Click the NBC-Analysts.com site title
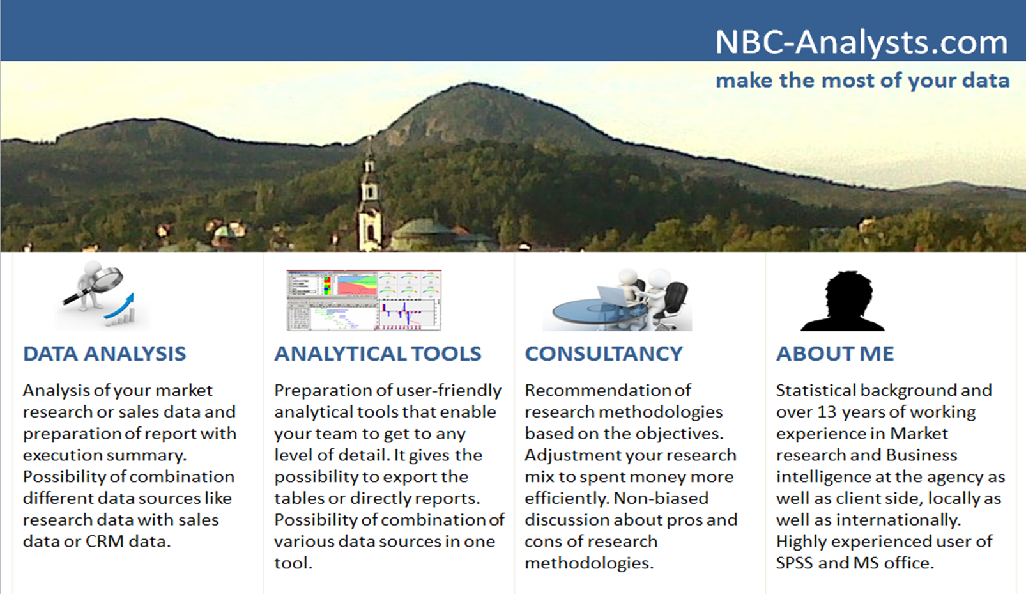[x=861, y=42]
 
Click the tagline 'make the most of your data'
[x=862, y=81]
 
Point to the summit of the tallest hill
[x=471, y=84]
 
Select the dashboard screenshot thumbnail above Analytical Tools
[x=364, y=301]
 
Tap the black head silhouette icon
[x=843, y=301]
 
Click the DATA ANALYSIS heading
[x=104, y=354]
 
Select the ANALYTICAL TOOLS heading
[x=378, y=354]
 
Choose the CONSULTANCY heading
[x=604, y=354]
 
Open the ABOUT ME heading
[x=835, y=354]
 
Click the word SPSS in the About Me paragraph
[x=795, y=563]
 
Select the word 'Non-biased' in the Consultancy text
[x=661, y=498]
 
